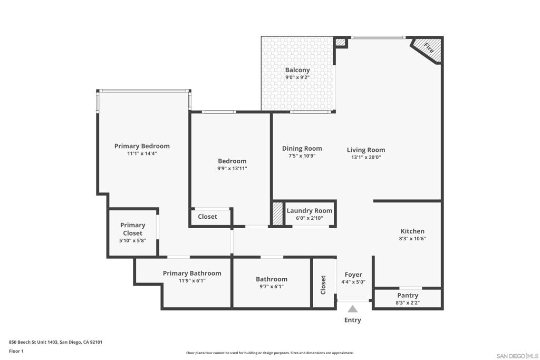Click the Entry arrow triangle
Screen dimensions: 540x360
tap(352, 309)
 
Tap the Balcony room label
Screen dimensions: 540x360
tap(297, 70)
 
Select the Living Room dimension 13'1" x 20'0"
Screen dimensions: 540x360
tap(366, 157)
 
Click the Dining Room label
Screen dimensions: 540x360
tap(302, 148)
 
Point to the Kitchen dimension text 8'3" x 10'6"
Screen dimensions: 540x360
tap(412, 239)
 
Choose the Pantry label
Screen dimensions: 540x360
tap(408, 295)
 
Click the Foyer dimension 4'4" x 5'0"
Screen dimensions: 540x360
tap(353, 282)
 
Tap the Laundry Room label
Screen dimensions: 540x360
tap(310, 211)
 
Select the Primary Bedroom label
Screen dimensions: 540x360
tap(142, 146)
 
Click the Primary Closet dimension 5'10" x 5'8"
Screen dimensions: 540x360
tap(132, 240)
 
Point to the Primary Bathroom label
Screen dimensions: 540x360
tap(192, 273)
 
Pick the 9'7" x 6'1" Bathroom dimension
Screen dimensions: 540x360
tap(272, 286)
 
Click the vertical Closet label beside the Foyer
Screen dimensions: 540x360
tap(323, 285)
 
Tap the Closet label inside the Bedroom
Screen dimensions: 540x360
tap(208, 217)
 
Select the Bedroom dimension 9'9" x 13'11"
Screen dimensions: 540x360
tap(232, 168)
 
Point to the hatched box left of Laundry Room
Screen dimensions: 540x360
tap(278, 213)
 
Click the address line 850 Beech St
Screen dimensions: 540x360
tap(55, 342)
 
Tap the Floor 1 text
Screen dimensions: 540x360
tap(16, 351)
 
